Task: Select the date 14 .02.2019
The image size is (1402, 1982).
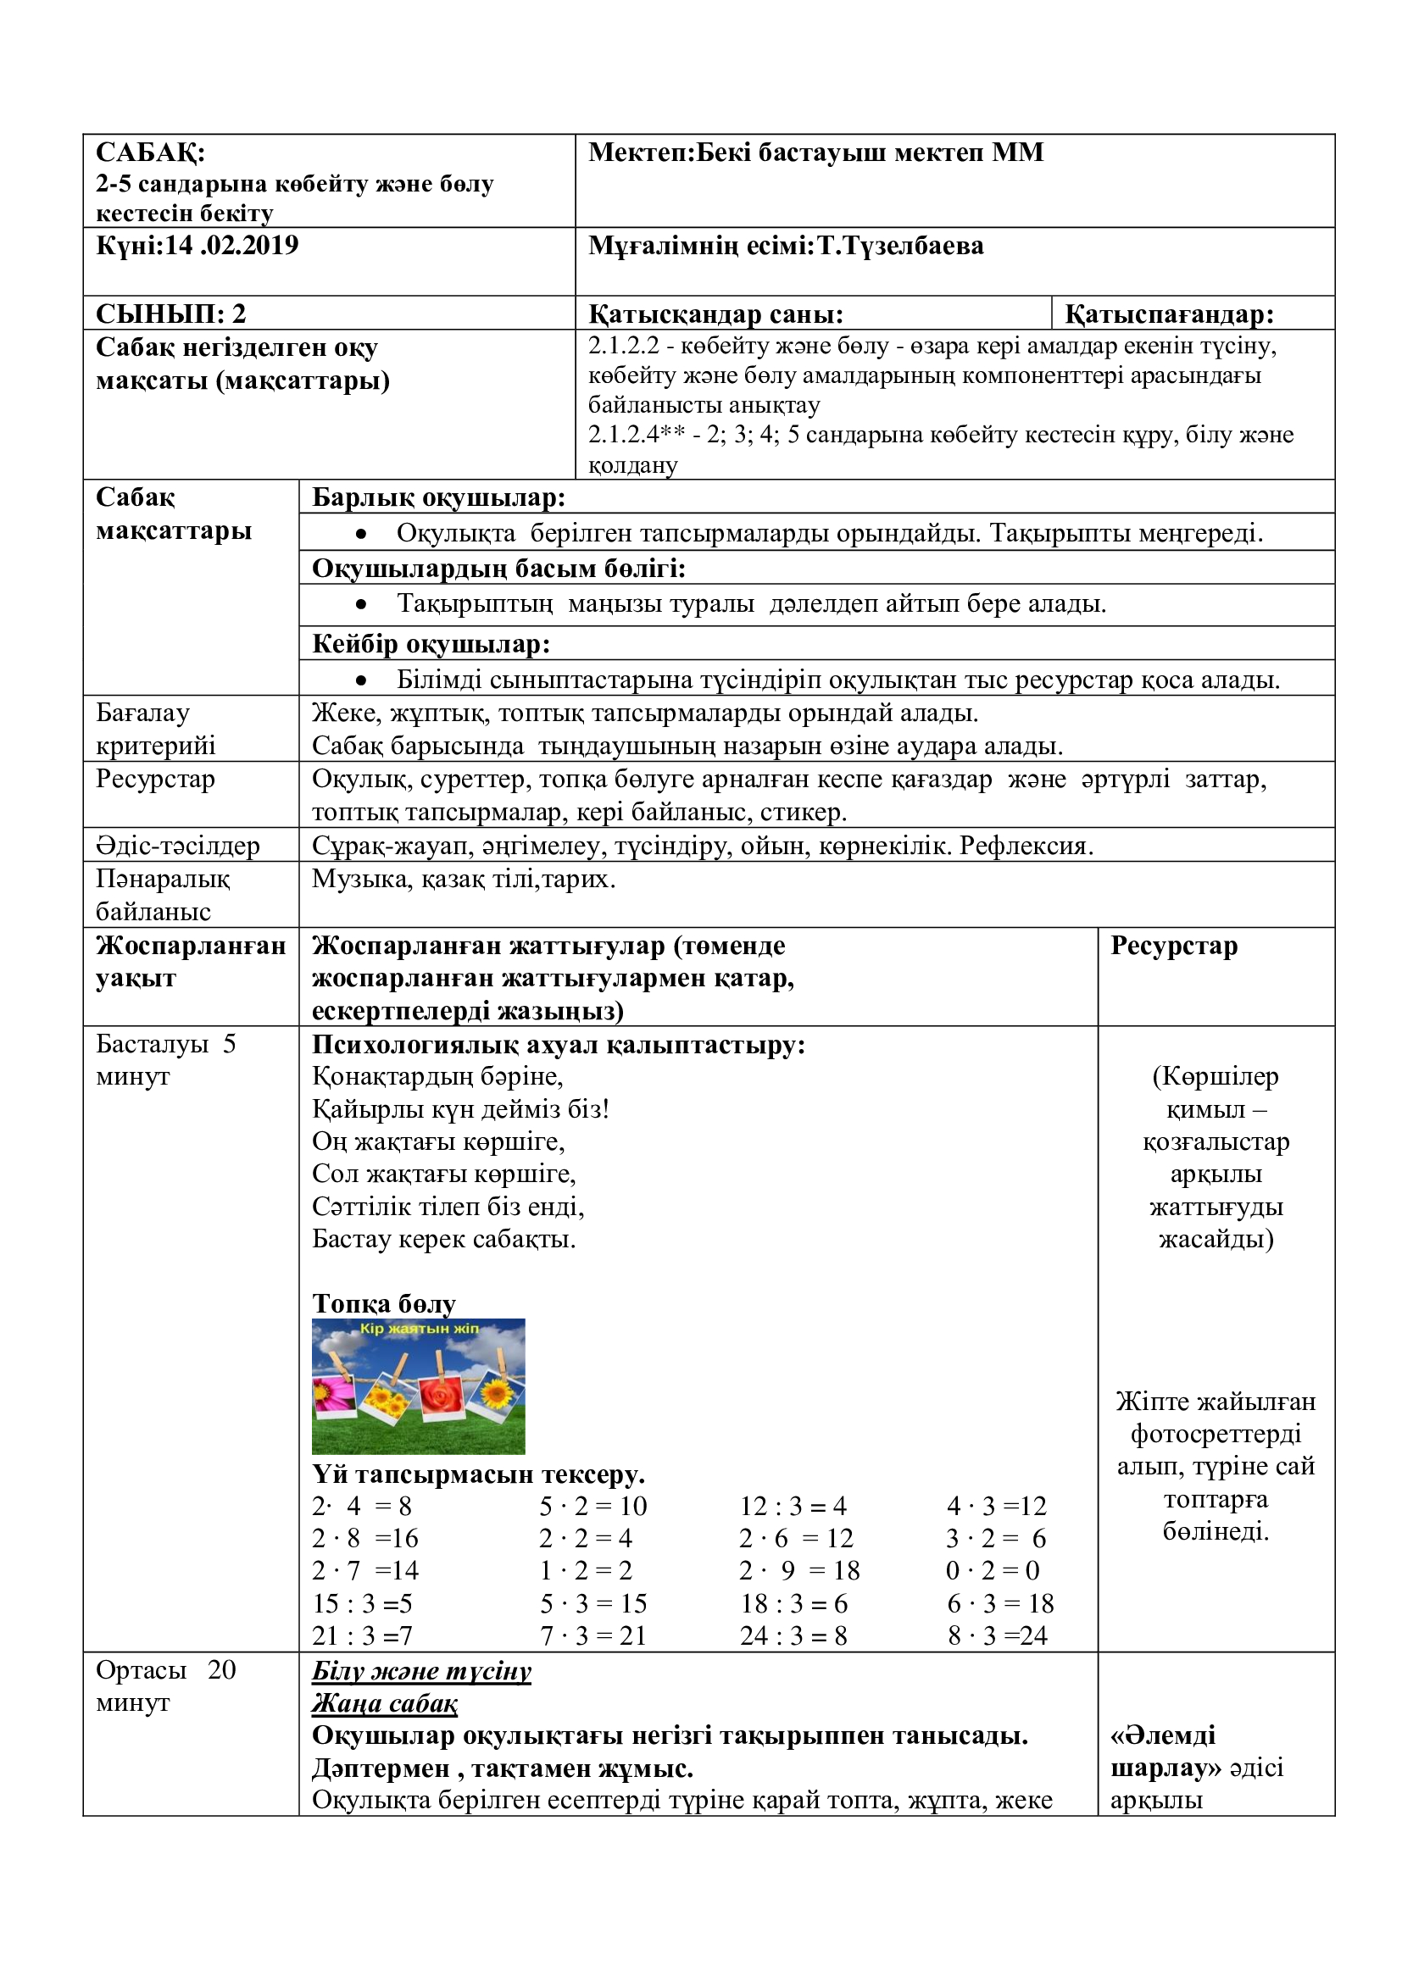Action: pyautogui.click(x=231, y=246)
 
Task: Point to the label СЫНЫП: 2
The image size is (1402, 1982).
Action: pyautogui.click(x=171, y=314)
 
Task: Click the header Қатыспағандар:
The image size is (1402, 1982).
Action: pyautogui.click(x=1169, y=314)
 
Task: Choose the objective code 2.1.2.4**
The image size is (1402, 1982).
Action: pyautogui.click(x=637, y=435)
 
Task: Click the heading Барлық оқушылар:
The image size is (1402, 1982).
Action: pyautogui.click(x=438, y=498)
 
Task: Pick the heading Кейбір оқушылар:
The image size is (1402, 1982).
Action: pyautogui.click(x=431, y=644)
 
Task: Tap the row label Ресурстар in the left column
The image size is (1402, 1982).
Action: pyautogui.click(x=155, y=779)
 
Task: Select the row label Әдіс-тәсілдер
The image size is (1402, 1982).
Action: pyautogui.click(x=178, y=845)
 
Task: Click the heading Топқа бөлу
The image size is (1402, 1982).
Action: pyautogui.click(x=383, y=1303)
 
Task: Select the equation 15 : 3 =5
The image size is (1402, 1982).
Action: pyautogui.click(x=362, y=1604)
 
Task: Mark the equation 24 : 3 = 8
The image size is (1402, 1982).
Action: pyautogui.click(x=793, y=1635)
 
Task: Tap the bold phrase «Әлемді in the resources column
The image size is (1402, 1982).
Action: pyautogui.click(x=1163, y=1735)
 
